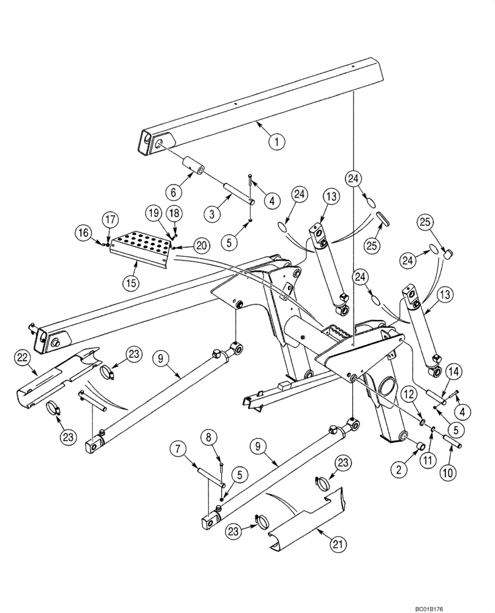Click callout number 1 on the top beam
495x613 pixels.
click(x=276, y=142)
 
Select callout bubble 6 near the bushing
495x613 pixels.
click(x=174, y=191)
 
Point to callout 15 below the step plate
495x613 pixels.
click(x=132, y=283)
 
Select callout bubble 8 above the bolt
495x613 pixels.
click(x=208, y=438)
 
